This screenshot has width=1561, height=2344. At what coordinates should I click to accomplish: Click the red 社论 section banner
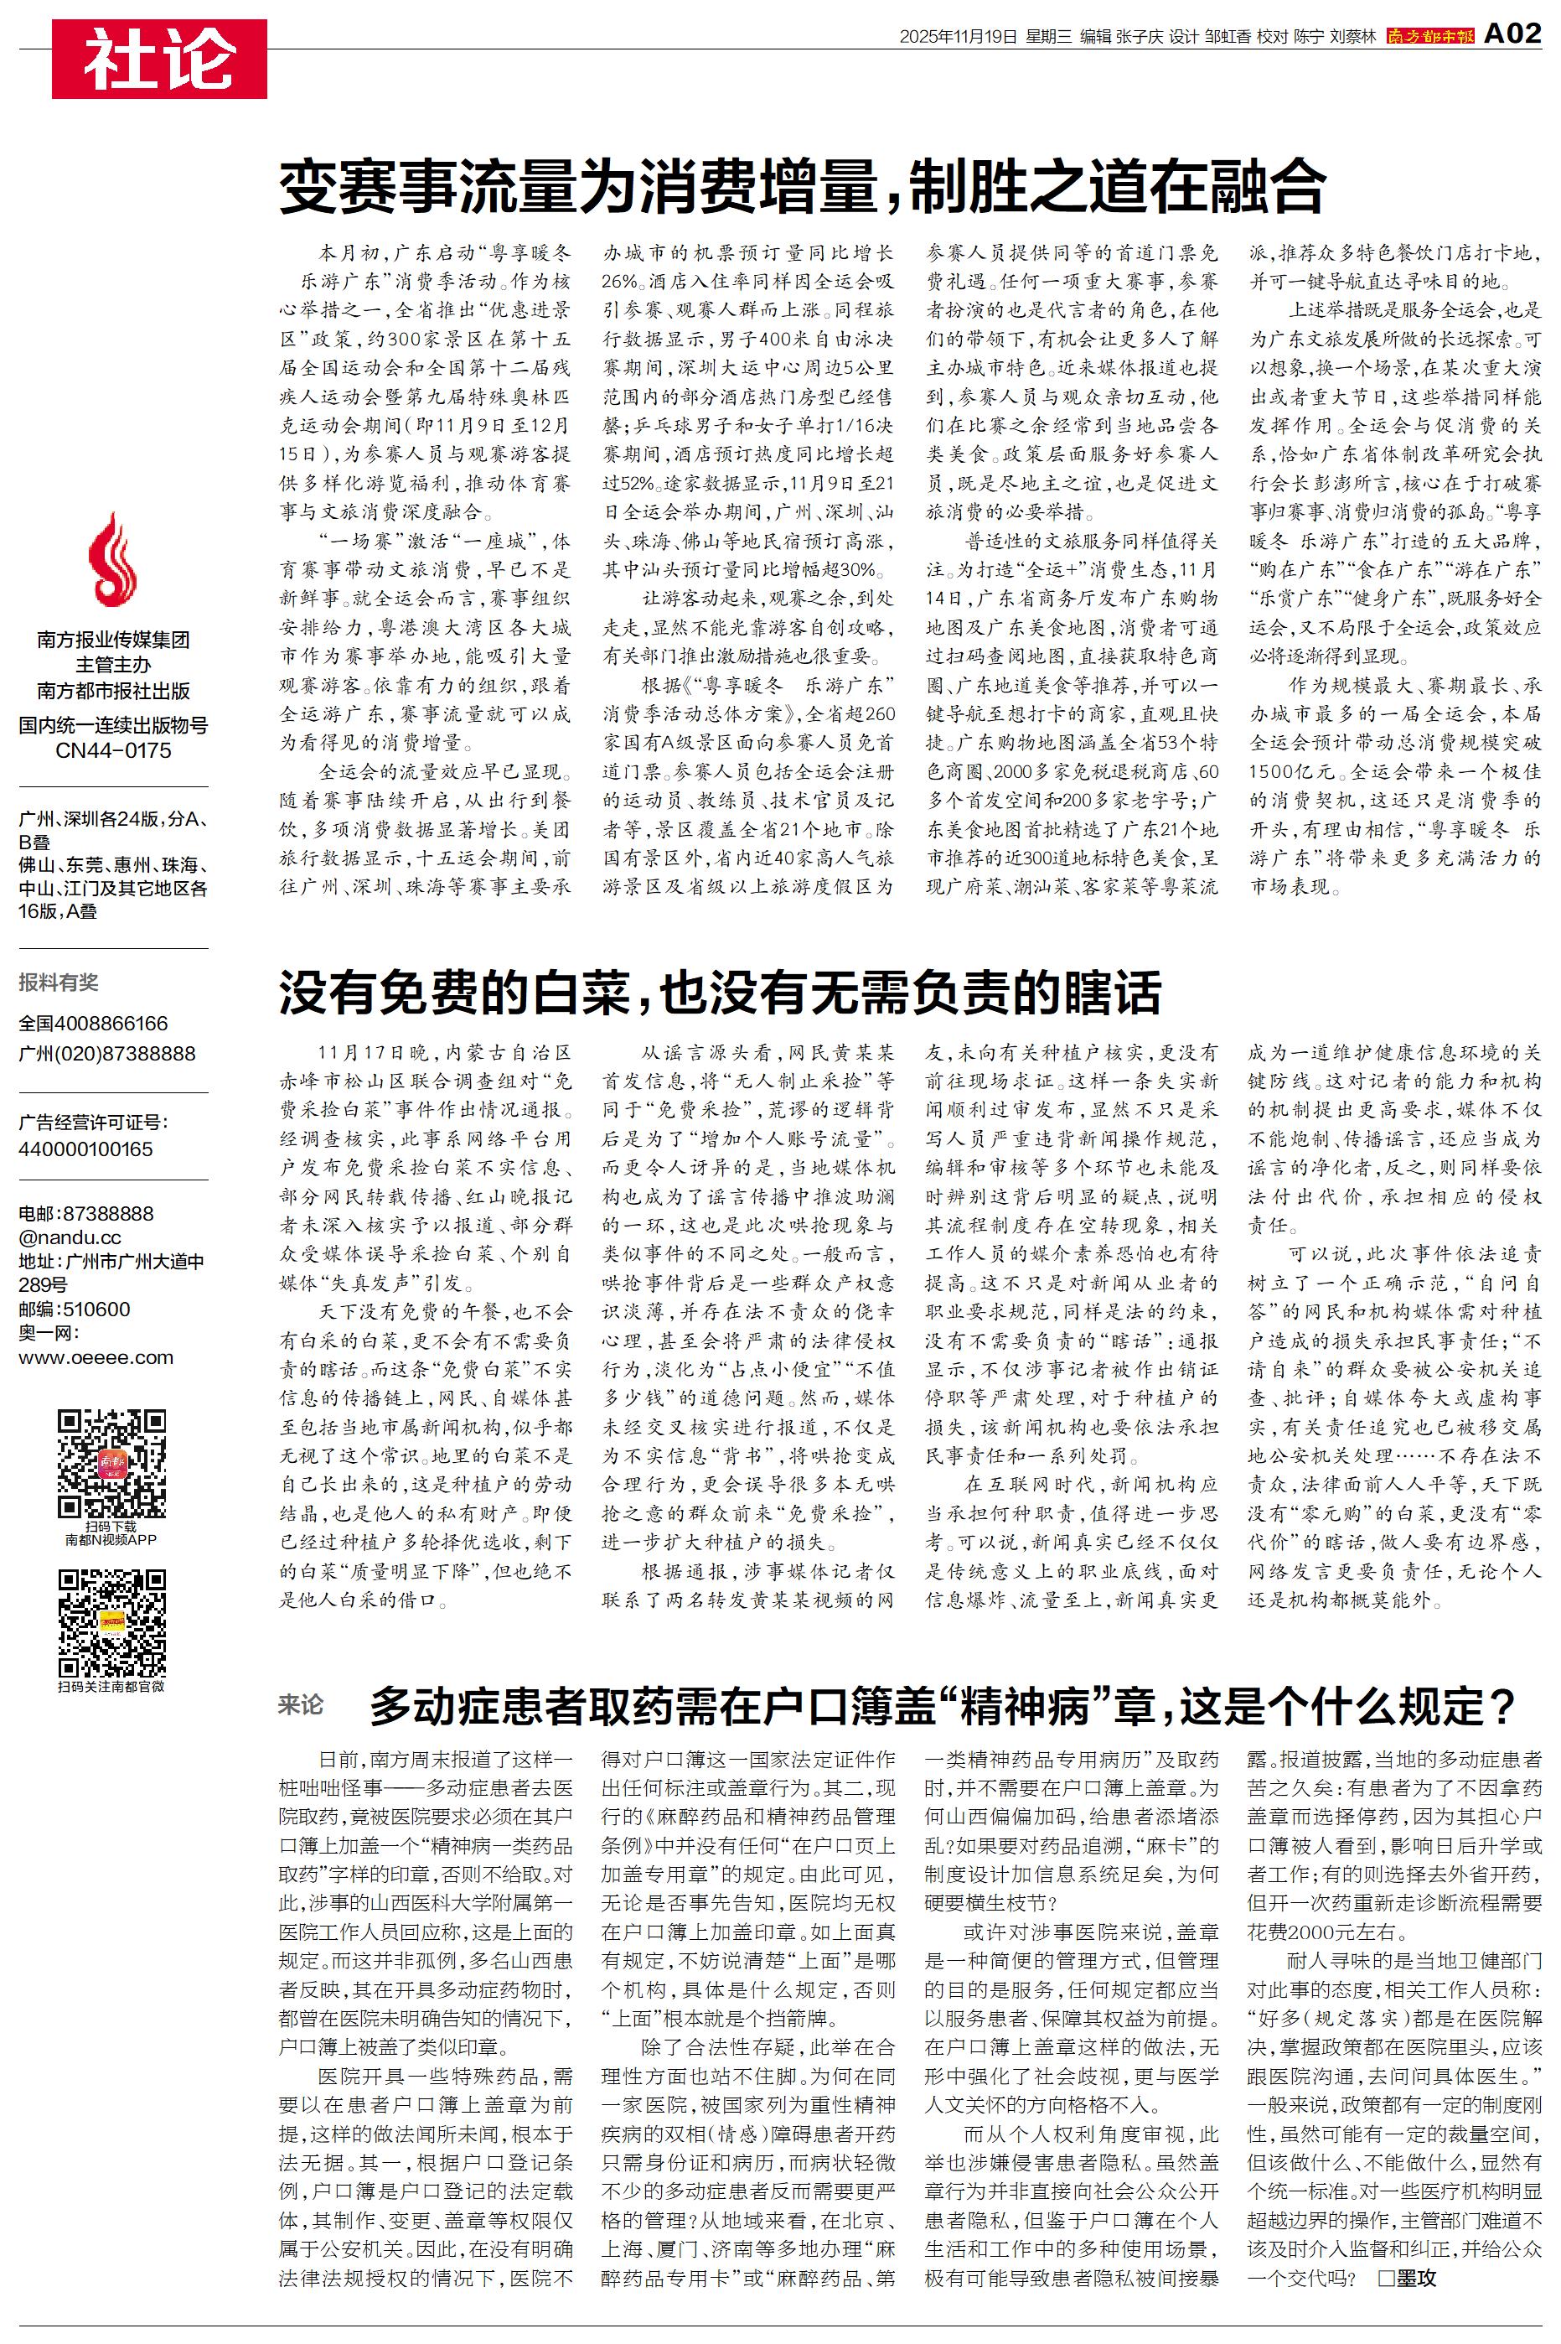click(x=159, y=59)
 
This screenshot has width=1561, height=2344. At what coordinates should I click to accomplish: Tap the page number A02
click(x=1512, y=35)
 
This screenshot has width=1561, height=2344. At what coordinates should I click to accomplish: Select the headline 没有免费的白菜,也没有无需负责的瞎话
click(x=720, y=992)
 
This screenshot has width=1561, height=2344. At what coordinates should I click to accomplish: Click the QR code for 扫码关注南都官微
click(x=111, y=1622)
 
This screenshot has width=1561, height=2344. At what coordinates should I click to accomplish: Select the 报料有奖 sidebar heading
click(x=59, y=983)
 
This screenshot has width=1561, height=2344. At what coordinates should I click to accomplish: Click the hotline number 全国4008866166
click(x=94, y=1024)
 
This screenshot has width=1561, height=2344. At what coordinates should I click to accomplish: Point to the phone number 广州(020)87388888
click(x=106, y=1054)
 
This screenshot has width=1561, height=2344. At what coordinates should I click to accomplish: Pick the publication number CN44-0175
click(x=113, y=751)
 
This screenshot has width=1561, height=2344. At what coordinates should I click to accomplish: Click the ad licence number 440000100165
click(x=85, y=1149)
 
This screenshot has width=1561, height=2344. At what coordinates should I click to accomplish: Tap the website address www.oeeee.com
click(x=96, y=1357)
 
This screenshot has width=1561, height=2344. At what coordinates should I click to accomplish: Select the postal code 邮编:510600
click(x=75, y=1309)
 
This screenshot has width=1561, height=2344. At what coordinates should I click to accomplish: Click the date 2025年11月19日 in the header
click(x=958, y=37)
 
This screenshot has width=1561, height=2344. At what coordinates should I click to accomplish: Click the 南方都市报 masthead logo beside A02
click(x=1430, y=37)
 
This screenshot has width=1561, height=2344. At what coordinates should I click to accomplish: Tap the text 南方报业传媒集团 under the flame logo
click(x=113, y=640)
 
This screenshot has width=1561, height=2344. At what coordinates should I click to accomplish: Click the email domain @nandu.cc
click(x=70, y=1237)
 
